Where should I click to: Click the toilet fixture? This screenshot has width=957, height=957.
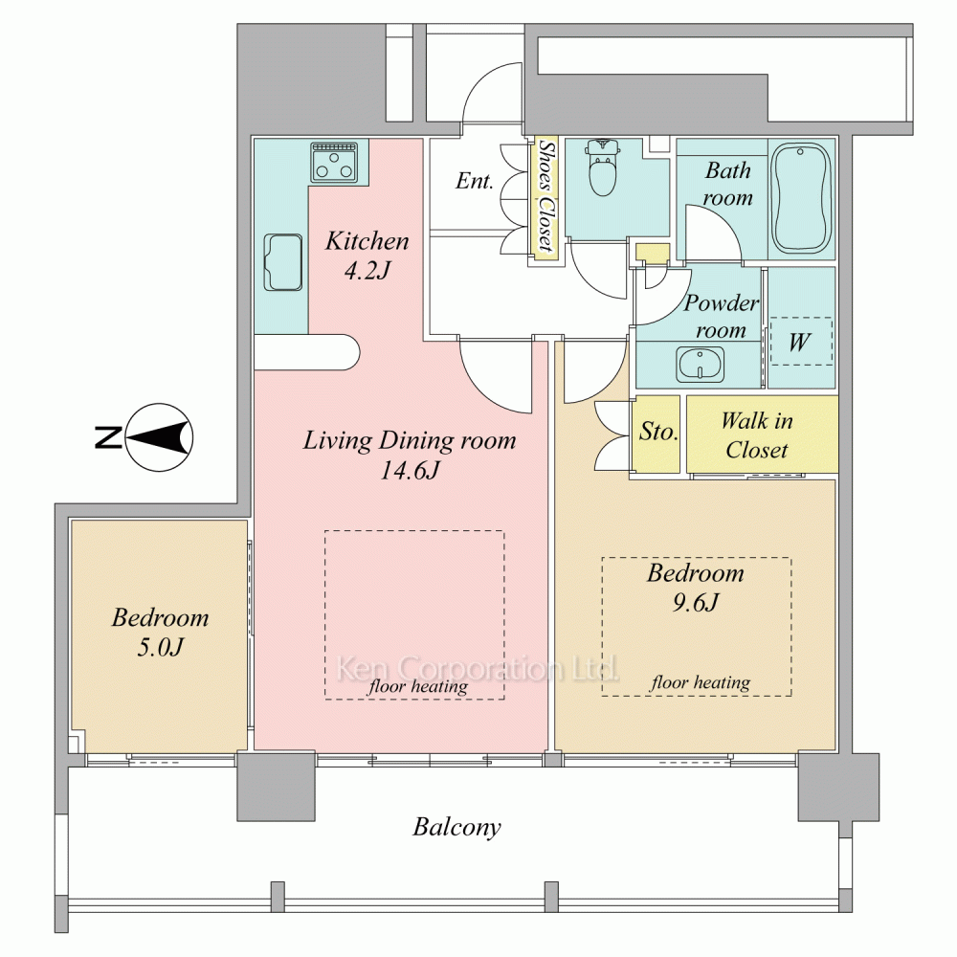pyautogui.click(x=603, y=167)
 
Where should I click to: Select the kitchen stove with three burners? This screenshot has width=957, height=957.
pyautogui.click(x=334, y=163)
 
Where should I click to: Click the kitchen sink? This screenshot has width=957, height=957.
pyautogui.click(x=283, y=262)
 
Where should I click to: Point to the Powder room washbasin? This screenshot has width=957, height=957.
pyautogui.click(x=701, y=365)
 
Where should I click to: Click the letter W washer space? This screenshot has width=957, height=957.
pyautogui.click(x=799, y=342)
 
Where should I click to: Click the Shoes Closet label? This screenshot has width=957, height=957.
pyautogui.click(x=546, y=195)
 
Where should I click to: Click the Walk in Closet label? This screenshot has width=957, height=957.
pyautogui.click(x=757, y=435)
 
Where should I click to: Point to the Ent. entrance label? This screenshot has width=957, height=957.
pyautogui.click(x=475, y=181)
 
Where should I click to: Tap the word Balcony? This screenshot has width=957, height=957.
pyautogui.click(x=456, y=827)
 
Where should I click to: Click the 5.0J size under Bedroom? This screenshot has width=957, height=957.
pyautogui.click(x=160, y=647)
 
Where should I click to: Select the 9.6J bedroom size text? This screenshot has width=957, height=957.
pyautogui.click(x=696, y=602)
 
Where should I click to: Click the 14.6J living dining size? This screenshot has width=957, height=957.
pyautogui.click(x=410, y=470)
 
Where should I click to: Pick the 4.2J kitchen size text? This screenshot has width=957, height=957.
pyautogui.click(x=367, y=270)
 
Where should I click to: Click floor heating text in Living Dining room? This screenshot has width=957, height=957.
pyautogui.click(x=418, y=686)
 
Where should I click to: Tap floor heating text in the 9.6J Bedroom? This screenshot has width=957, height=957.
pyautogui.click(x=701, y=682)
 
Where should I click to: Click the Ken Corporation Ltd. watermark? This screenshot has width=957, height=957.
pyautogui.click(x=478, y=668)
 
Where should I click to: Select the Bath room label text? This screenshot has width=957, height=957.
pyautogui.click(x=727, y=183)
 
